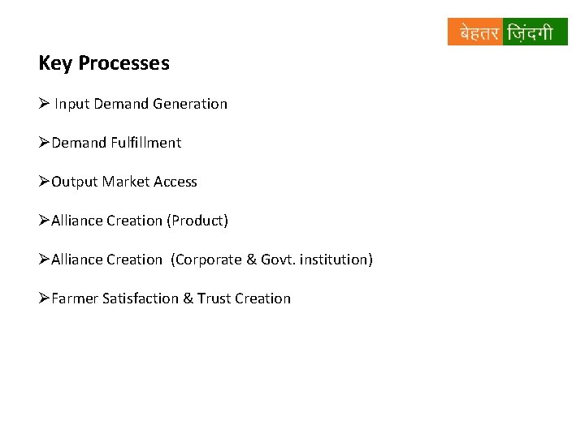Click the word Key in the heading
(54, 63)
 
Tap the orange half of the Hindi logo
(475, 32)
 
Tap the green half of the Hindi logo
(535, 32)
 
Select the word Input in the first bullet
(72, 104)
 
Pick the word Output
(75, 182)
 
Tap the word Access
(175, 182)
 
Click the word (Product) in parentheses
(197, 221)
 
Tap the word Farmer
(75, 298)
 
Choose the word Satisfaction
(141, 298)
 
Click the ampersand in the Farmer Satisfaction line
(188, 298)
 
